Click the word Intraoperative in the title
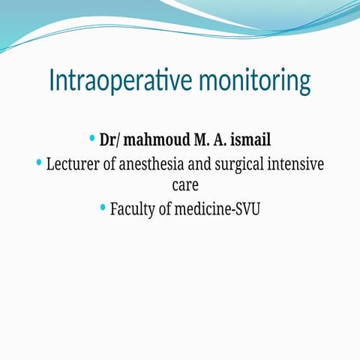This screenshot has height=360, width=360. pos(109,80)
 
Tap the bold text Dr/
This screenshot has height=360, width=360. pos(109,140)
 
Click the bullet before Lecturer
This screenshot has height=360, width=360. pos(39,163)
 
